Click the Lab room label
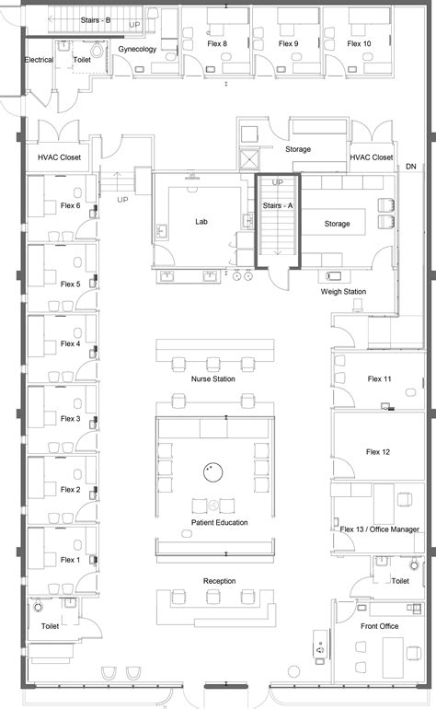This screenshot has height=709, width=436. [201, 222]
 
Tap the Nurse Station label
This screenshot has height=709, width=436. [212, 378]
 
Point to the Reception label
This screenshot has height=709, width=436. [220, 581]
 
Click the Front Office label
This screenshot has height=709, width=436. [380, 626]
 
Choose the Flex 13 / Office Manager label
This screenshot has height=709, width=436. [379, 529]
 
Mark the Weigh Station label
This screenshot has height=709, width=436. [343, 292]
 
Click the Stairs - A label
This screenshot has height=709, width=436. [278, 206]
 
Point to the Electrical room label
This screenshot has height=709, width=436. [40, 60]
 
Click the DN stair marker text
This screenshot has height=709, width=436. [410, 168]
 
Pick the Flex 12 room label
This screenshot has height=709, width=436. [378, 452]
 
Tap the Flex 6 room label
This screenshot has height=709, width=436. [71, 205]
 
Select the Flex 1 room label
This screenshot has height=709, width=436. [71, 560]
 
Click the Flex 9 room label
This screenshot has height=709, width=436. [289, 43]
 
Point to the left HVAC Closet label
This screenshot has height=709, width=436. [60, 157]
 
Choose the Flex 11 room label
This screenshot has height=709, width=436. [379, 378]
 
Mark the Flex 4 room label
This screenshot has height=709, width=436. [71, 343]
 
